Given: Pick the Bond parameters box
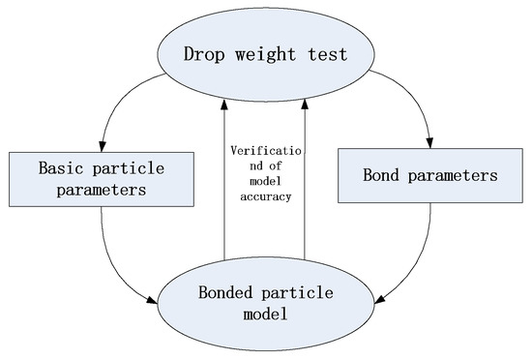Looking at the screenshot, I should [420, 175].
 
